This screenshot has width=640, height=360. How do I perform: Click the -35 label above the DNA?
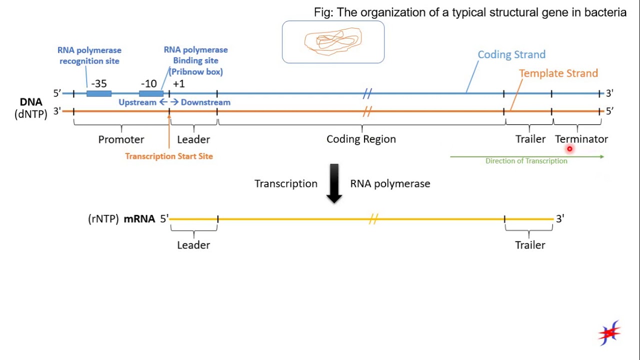click(x=99, y=83)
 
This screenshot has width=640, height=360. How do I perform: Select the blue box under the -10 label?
click(x=151, y=93)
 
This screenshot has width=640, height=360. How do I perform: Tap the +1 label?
click(x=178, y=83)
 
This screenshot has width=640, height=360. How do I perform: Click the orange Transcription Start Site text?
click(x=169, y=156)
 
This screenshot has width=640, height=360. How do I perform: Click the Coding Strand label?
click(x=511, y=54)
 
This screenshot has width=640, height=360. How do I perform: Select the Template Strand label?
click(x=558, y=73)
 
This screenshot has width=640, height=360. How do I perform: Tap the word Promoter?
click(x=121, y=139)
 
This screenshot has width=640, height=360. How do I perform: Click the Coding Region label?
click(x=361, y=139)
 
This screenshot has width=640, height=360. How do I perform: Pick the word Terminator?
click(x=581, y=139)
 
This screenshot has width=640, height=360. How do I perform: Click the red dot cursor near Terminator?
click(x=569, y=148)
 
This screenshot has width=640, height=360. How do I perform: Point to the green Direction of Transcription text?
click(x=526, y=161)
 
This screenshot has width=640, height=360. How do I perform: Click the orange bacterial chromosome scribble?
click(x=333, y=41)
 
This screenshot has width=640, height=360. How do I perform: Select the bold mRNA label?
click(x=139, y=218)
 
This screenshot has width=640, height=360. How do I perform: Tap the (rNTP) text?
click(x=103, y=218)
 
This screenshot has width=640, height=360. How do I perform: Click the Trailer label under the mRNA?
click(x=530, y=245)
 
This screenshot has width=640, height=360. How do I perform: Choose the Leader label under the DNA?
click(x=193, y=139)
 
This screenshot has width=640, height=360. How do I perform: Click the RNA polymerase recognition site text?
click(x=89, y=55)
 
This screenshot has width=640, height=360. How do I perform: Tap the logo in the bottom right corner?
click(x=609, y=332)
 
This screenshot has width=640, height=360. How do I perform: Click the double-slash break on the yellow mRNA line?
click(x=372, y=219)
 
